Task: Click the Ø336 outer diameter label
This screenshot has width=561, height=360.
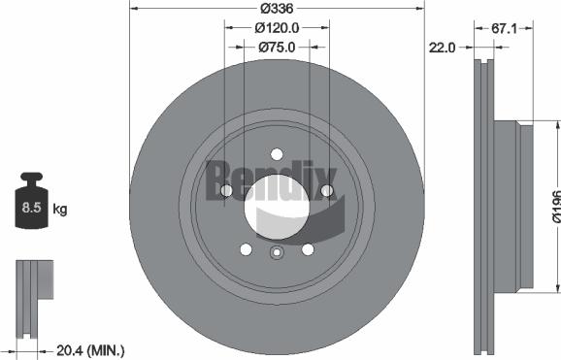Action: coord(277,11)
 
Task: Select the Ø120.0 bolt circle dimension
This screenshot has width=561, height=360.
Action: coord(277,28)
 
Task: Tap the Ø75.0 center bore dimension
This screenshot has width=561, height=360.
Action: coord(277,46)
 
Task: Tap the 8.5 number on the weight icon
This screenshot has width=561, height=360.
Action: coord(31,207)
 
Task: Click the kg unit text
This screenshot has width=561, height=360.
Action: coord(59,208)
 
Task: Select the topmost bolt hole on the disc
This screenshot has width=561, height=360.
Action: coord(277,154)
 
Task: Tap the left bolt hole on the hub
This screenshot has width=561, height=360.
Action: coord(226,191)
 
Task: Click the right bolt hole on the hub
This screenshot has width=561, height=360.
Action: coord(327,189)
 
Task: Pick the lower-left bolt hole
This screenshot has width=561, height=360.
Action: coord(246,249)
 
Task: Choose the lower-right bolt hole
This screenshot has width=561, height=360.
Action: coord(308,249)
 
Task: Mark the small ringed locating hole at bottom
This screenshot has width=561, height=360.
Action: coord(276,255)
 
